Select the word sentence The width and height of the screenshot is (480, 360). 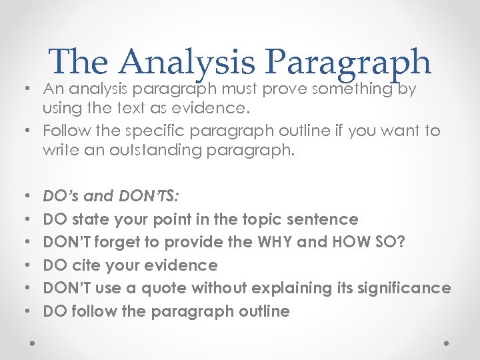coord(324,219)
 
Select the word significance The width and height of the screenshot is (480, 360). coord(407,289)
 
